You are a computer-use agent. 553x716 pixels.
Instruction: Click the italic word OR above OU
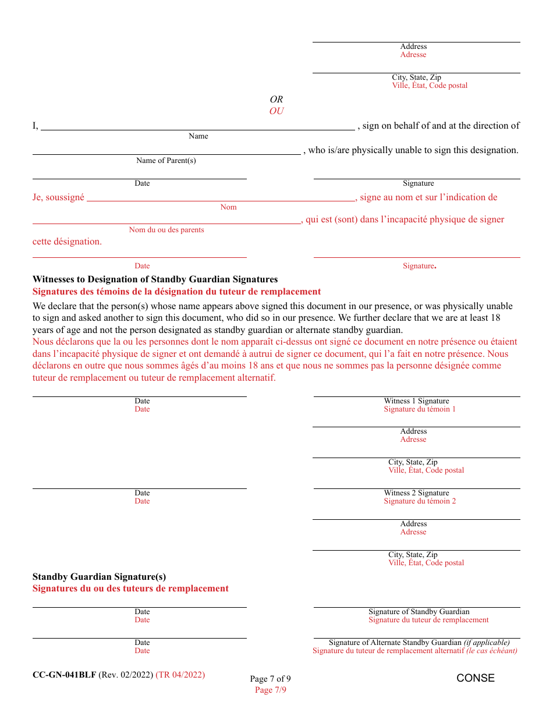[x=276, y=100]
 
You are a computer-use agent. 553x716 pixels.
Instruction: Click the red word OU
[x=276, y=111]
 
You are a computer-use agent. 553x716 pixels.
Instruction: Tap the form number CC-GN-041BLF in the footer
[x=64, y=675]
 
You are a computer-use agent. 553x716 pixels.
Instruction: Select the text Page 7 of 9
[x=270, y=679]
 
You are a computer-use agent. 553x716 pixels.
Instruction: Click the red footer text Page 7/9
[x=270, y=690]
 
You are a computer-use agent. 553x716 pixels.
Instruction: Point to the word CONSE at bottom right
[x=475, y=678]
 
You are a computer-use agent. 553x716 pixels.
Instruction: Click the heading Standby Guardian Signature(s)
[x=99, y=577]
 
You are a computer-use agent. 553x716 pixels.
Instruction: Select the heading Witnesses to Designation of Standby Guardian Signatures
[x=155, y=279]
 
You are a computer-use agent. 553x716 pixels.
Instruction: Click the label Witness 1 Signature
[x=416, y=401]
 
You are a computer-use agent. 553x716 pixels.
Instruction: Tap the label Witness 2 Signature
[x=416, y=493]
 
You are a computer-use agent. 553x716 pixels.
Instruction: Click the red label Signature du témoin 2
[x=420, y=501]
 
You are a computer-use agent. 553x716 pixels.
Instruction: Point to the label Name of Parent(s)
[x=166, y=161]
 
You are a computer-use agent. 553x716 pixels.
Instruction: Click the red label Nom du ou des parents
[x=166, y=230]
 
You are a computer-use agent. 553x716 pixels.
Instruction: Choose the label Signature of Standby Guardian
[x=419, y=612]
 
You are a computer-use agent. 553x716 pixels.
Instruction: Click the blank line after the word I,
[x=197, y=127]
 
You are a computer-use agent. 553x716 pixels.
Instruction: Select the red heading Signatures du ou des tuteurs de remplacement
[x=130, y=589]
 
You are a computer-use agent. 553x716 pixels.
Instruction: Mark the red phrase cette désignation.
[x=67, y=242]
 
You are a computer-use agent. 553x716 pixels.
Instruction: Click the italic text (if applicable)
[x=487, y=643]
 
